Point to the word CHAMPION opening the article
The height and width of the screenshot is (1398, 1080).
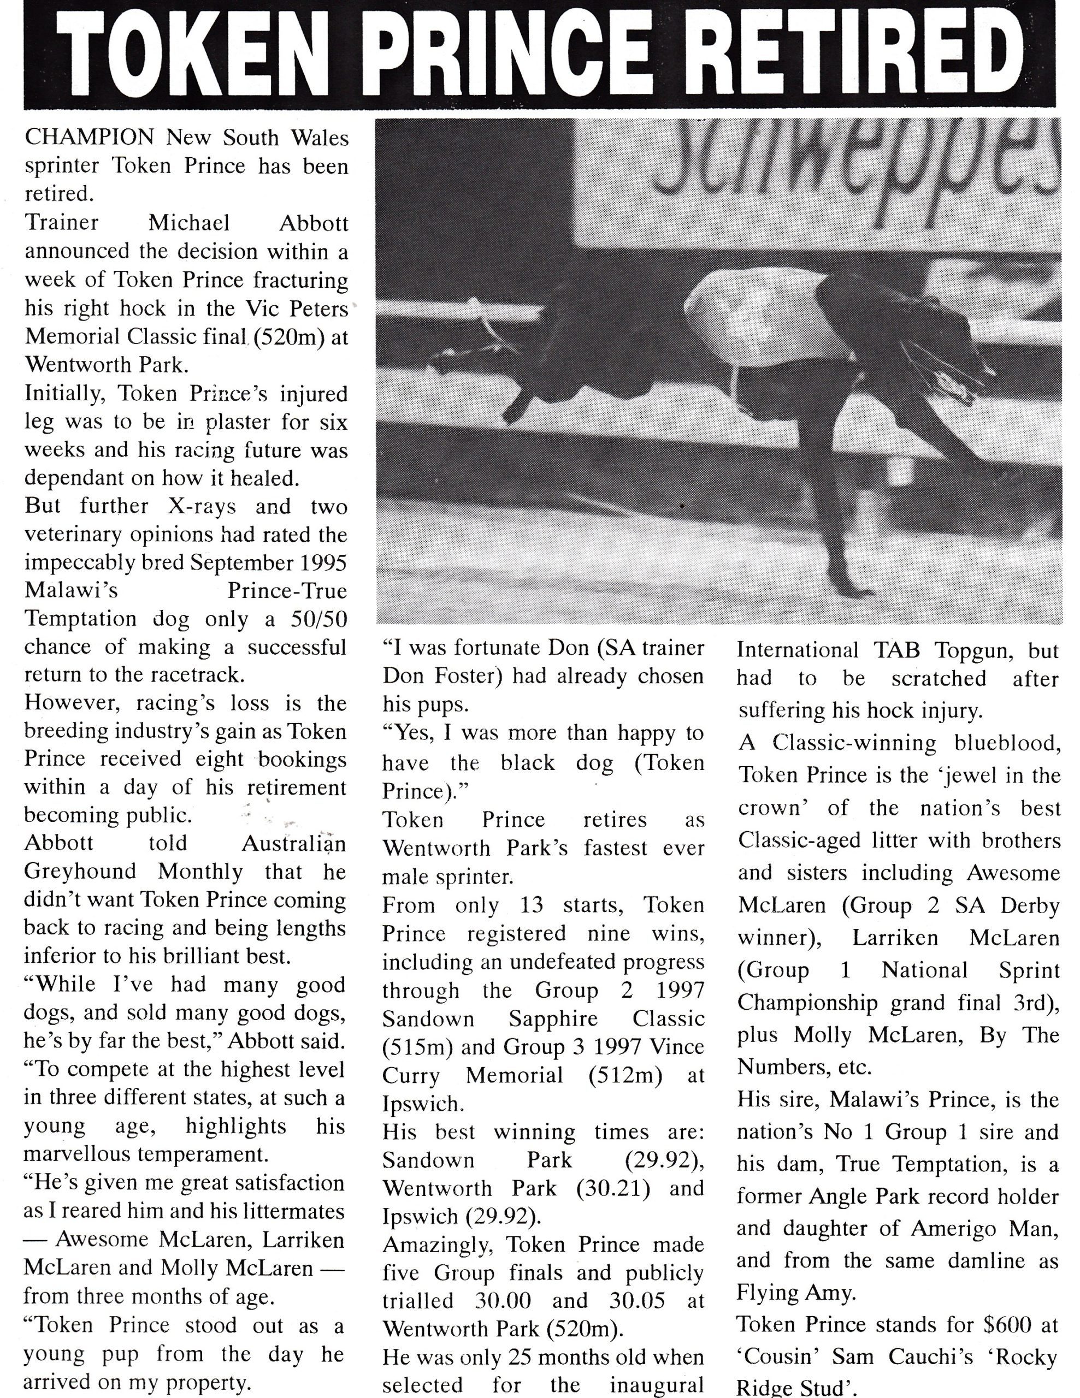[x=89, y=137]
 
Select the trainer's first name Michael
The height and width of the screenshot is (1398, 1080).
[x=189, y=223]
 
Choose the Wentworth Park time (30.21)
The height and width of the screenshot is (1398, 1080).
[x=614, y=1188]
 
